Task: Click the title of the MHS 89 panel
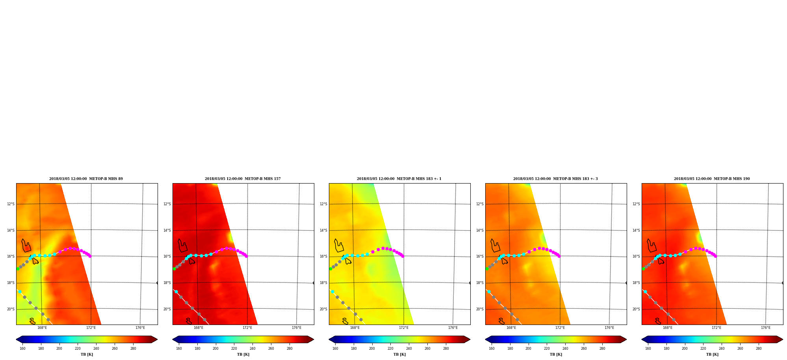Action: click(x=86, y=179)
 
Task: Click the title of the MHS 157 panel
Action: click(x=243, y=179)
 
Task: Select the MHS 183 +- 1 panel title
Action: click(x=399, y=179)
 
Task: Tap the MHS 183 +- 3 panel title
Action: click(x=555, y=179)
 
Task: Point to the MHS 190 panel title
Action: click(x=712, y=179)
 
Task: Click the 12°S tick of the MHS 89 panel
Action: click(x=11, y=204)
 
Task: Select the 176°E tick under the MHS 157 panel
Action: click(x=297, y=328)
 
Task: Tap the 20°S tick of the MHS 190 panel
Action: click(x=636, y=309)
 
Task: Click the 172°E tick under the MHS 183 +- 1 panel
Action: click(x=404, y=328)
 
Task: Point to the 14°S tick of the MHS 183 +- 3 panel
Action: click(x=480, y=230)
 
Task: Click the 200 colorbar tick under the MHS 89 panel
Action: click(x=59, y=348)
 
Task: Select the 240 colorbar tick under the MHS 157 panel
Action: click(x=252, y=348)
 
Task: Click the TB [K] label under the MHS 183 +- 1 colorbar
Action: click(x=399, y=354)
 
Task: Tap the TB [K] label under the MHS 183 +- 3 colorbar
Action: click(x=556, y=354)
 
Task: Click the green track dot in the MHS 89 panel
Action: click(x=18, y=269)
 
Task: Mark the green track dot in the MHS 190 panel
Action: click(x=643, y=269)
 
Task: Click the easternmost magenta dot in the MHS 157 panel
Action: click(x=247, y=256)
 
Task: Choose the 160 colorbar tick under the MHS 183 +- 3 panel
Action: click(x=492, y=348)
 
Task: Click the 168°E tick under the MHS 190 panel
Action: click(x=668, y=328)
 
